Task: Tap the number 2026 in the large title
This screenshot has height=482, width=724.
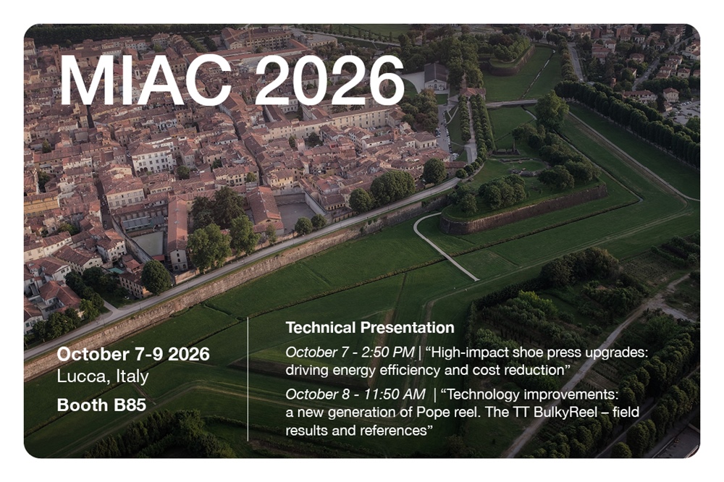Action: click(329, 80)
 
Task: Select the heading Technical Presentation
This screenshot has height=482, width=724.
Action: click(370, 327)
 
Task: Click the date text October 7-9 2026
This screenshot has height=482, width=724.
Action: click(133, 354)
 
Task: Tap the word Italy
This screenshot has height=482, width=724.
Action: click(132, 376)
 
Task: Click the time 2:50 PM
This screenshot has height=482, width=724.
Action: click(388, 352)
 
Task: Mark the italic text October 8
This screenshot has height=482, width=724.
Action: click(319, 394)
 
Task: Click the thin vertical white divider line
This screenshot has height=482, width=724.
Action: click(248, 379)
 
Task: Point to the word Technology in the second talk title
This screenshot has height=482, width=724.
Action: click(483, 395)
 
